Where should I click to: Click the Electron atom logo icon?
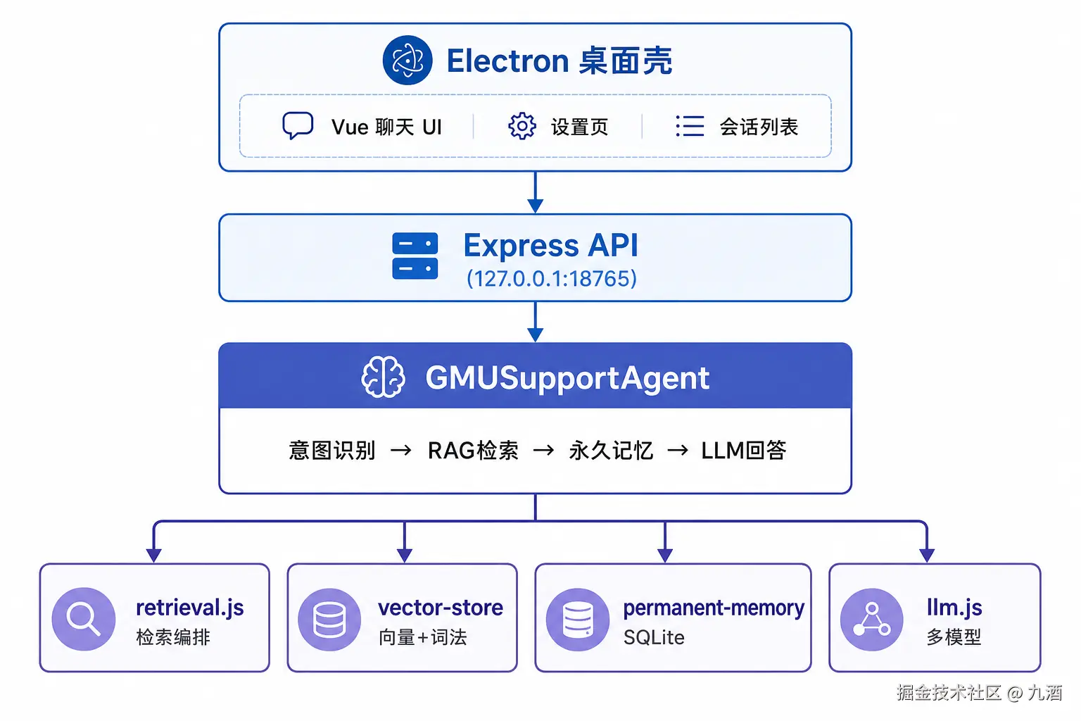pyautogui.click(x=407, y=61)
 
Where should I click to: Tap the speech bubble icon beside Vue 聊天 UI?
pyautogui.click(x=298, y=125)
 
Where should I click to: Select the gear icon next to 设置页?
pyautogui.click(x=521, y=127)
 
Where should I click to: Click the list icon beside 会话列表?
pyautogui.click(x=690, y=126)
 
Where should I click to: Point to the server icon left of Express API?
pyautogui.click(x=415, y=256)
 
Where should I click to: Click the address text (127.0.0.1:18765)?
pyautogui.click(x=552, y=279)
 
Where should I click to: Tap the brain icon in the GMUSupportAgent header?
pyautogui.click(x=383, y=377)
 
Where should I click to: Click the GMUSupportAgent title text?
pyautogui.click(x=567, y=378)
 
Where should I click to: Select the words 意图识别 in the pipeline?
pyautogui.click(x=332, y=451)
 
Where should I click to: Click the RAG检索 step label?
pyautogui.click(x=473, y=451)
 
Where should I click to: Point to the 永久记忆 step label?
pyautogui.click(x=611, y=451)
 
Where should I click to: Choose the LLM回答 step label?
pyautogui.click(x=744, y=451)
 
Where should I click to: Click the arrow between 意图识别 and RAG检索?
pyautogui.click(x=401, y=451)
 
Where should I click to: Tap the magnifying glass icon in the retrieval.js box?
pyautogui.click(x=84, y=619)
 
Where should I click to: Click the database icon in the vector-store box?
pyautogui.click(x=329, y=619)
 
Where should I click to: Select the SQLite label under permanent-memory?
pyautogui.click(x=654, y=637)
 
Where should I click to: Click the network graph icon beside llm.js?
pyautogui.click(x=871, y=619)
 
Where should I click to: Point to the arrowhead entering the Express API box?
pyautogui.click(x=535, y=205)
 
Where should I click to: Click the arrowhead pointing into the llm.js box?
pyautogui.click(x=927, y=555)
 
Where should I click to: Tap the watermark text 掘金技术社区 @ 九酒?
pyautogui.click(x=980, y=693)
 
